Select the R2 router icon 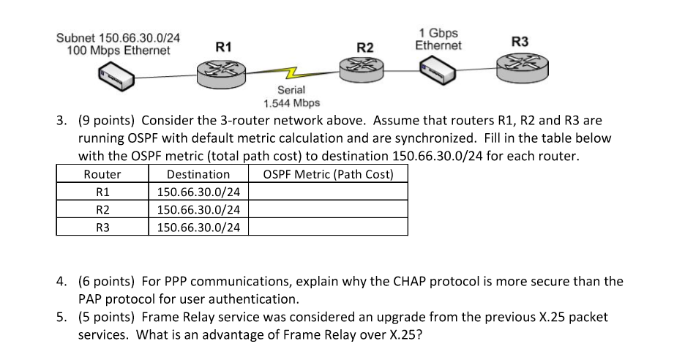364,72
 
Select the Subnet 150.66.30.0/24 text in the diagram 119,37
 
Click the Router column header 102,175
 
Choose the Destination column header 198,175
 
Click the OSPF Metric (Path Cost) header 328,175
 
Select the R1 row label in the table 102,192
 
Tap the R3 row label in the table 102,227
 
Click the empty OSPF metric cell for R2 328,210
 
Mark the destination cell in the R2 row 198,210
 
